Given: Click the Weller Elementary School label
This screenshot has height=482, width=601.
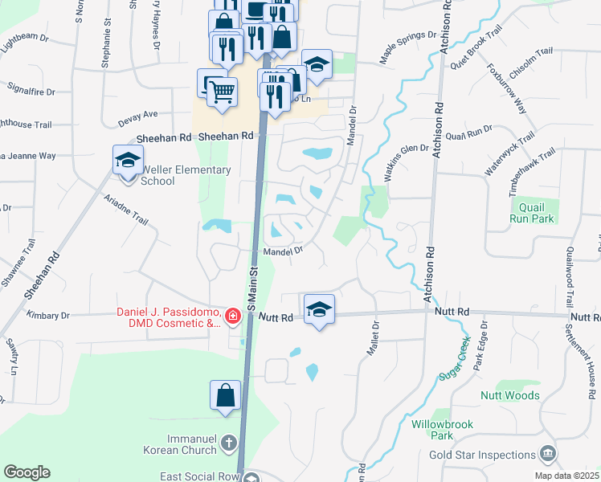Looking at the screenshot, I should (x=186, y=175).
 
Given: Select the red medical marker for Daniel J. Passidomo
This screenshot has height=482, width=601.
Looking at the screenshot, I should (x=233, y=317).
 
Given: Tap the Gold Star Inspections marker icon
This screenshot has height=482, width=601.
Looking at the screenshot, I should (x=549, y=454).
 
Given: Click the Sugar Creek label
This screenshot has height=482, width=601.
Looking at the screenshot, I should (x=454, y=360).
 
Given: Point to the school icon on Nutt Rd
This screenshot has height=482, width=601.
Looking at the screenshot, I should (x=319, y=308).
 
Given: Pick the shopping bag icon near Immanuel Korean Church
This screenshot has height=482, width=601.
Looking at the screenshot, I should (x=226, y=395).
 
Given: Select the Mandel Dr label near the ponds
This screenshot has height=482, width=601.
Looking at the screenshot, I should (x=283, y=251).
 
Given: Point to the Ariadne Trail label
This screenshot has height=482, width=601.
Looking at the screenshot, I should (x=125, y=208).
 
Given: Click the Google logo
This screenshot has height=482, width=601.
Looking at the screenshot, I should (x=27, y=472).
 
